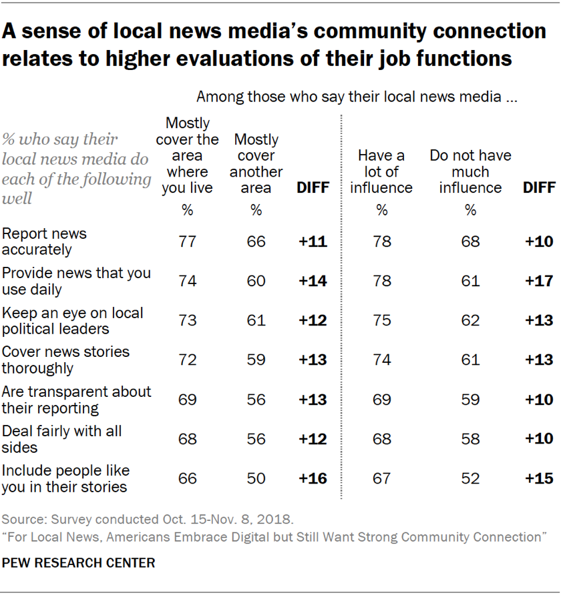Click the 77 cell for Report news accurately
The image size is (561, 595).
coord(187,241)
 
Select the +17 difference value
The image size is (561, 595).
coord(538,280)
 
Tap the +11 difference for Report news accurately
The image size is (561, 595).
coord(313,241)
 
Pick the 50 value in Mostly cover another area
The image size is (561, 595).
coord(256,478)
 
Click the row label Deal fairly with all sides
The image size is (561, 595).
coord(62,439)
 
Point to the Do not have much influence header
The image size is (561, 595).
coord(470,171)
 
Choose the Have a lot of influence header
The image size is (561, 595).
coord(381,171)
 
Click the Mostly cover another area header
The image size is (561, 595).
coord(256,163)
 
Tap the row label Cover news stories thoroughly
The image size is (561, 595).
coord(66,360)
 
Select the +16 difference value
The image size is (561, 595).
coord(313,478)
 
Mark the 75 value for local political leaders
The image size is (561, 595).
coord(381,320)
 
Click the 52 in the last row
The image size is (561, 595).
coord(470,478)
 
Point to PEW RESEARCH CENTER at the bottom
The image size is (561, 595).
coord(79,562)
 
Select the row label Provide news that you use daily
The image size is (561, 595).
coord(76,281)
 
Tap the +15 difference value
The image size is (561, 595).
coord(538,478)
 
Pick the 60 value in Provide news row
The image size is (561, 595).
coord(256,280)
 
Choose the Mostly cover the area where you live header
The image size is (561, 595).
coord(187,155)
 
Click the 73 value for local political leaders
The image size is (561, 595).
coord(187,320)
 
